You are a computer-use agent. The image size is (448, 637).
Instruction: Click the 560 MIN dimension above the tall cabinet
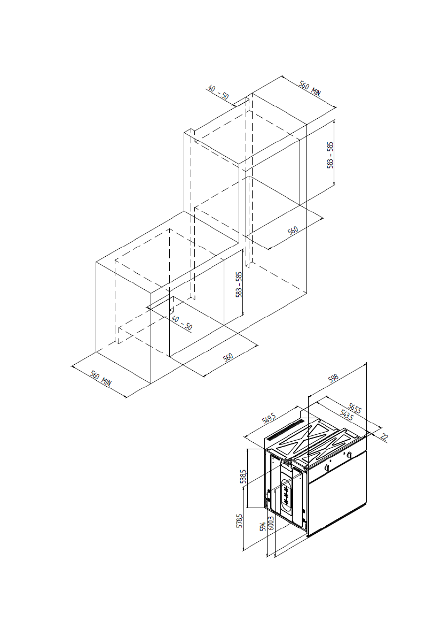pyautogui.click(x=310, y=88)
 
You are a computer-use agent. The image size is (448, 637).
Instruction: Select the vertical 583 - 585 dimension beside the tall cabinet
pyautogui.click(x=330, y=155)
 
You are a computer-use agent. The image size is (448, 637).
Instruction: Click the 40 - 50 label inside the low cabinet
pyautogui.click(x=182, y=323)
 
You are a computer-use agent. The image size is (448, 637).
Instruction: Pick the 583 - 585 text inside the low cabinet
pyautogui.click(x=240, y=285)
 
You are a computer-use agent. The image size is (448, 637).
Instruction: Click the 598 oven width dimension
pyautogui.click(x=333, y=378)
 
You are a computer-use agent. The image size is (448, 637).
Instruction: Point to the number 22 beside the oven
pyautogui.click(x=384, y=436)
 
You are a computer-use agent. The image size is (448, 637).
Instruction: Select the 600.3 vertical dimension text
pyautogui.click(x=271, y=523)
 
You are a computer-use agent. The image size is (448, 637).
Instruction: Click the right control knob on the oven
pyautogui.click(x=349, y=455)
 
